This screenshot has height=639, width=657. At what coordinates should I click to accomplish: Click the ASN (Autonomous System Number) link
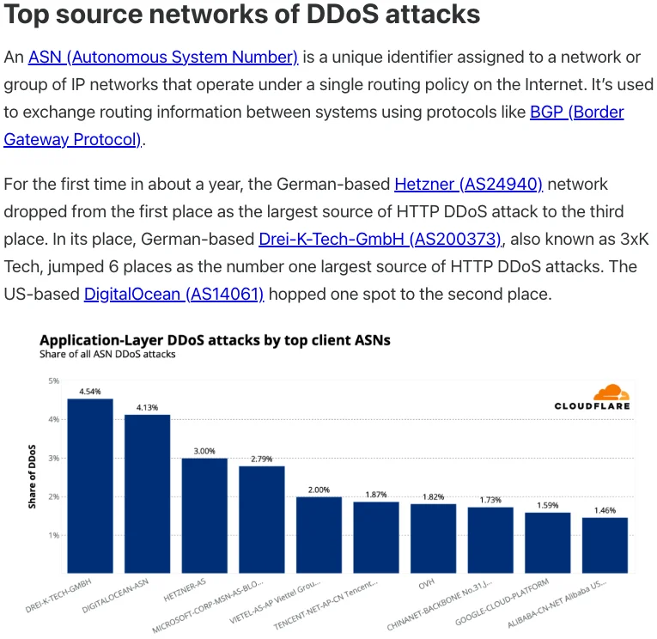coord(162,58)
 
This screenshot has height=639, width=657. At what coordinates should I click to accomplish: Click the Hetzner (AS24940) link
coord(468,184)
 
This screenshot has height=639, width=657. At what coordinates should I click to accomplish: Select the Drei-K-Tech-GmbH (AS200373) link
coord(380,239)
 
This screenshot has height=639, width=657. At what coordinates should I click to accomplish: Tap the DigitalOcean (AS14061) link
coord(173,294)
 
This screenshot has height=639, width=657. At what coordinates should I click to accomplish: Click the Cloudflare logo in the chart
coord(593,398)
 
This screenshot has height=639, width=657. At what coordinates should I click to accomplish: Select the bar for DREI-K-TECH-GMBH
coord(90,486)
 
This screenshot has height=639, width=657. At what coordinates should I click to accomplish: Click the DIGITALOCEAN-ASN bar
coord(147,494)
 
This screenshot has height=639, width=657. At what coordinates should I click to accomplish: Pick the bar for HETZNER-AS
coord(204,515)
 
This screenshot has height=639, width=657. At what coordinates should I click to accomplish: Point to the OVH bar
coord(433,539)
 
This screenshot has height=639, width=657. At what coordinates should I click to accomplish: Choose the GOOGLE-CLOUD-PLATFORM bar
coord(548,543)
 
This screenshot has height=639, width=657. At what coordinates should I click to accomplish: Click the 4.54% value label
coord(90,392)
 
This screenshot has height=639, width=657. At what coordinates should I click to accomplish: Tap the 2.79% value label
coord(262,459)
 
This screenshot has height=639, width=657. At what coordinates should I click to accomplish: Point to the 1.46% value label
coord(605,510)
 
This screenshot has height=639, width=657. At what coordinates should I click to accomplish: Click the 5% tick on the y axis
coord(53,381)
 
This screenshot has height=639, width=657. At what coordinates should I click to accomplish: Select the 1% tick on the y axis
coord(53,535)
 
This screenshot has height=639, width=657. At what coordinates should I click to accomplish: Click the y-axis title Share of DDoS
coord(32,478)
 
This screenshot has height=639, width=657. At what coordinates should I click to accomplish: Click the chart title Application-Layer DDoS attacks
coord(215,340)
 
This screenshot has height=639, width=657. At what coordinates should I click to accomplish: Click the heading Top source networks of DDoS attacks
coord(243,15)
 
